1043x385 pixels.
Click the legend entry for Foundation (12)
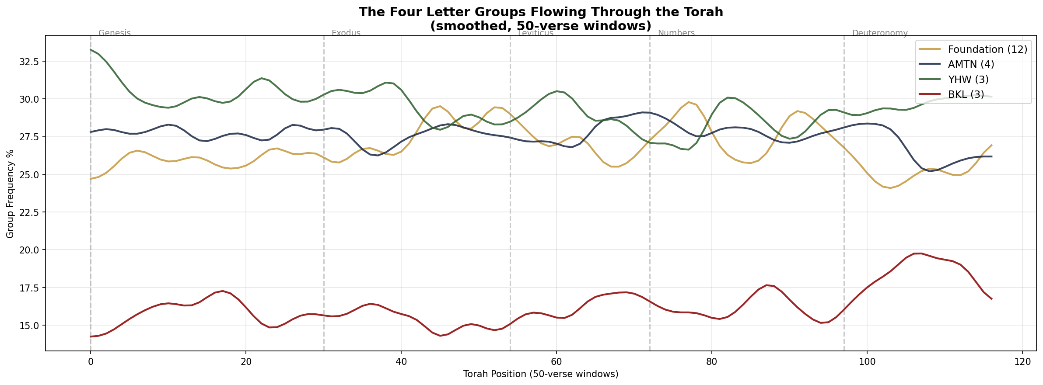(x=987, y=49)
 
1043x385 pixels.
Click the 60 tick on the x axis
(x=556, y=362)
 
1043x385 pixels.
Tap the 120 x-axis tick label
(x=1022, y=362)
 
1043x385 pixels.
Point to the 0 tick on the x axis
(x=91, y=362)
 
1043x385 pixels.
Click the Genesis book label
(x=115, y=33)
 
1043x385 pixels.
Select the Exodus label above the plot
(x=346, y=33)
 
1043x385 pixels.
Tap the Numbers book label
(x=676, y=33)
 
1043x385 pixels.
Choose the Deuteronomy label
(x=879, y=33)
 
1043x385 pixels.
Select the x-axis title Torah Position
(x=540, y=374)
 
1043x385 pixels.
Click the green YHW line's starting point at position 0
(x=91, y=49)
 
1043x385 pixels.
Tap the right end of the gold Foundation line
(x=991, y=145)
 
